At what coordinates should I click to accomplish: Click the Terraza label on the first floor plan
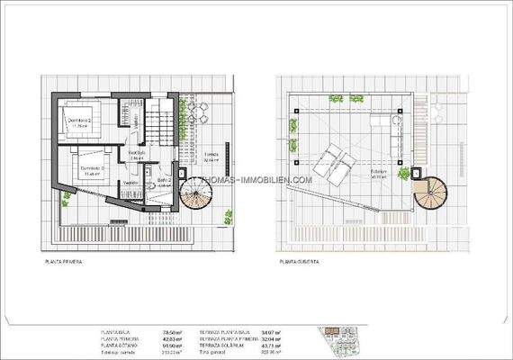211,155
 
